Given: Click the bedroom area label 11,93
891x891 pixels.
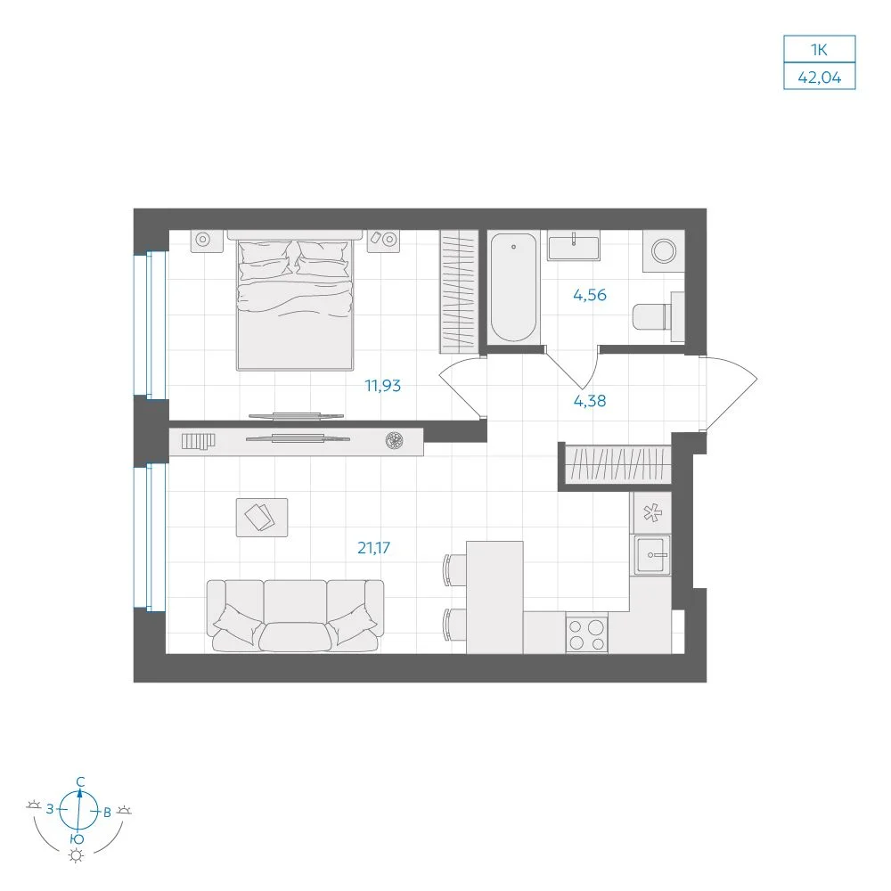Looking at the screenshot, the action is (x=382, y=386).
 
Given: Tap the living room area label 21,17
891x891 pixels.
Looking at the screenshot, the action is (x=373, y=548).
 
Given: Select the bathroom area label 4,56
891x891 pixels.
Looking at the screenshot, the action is (x=589, y=295).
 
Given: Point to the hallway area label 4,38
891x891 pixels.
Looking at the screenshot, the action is (x=589, y=401).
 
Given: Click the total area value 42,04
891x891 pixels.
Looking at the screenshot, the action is (x=819, y=77).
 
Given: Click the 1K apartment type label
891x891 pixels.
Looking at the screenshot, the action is (x=819, y=50).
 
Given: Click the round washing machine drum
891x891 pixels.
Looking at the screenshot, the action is (x=663, y=250).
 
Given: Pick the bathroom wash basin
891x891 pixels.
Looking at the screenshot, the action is (x=573, y=246).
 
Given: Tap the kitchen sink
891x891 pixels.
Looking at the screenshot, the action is (x=652, y=554).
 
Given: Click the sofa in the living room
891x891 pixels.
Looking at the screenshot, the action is (x=295, y=616).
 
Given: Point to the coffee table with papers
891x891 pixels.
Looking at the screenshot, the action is (x=262, y=518).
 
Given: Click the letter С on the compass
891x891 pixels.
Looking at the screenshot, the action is (x=81, y=782).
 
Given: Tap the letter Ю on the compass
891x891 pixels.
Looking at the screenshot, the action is (x=78, y=839).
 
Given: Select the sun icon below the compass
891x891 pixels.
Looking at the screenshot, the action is (x=76, y=855).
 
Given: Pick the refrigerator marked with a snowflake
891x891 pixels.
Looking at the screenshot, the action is (x=652, y=513).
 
